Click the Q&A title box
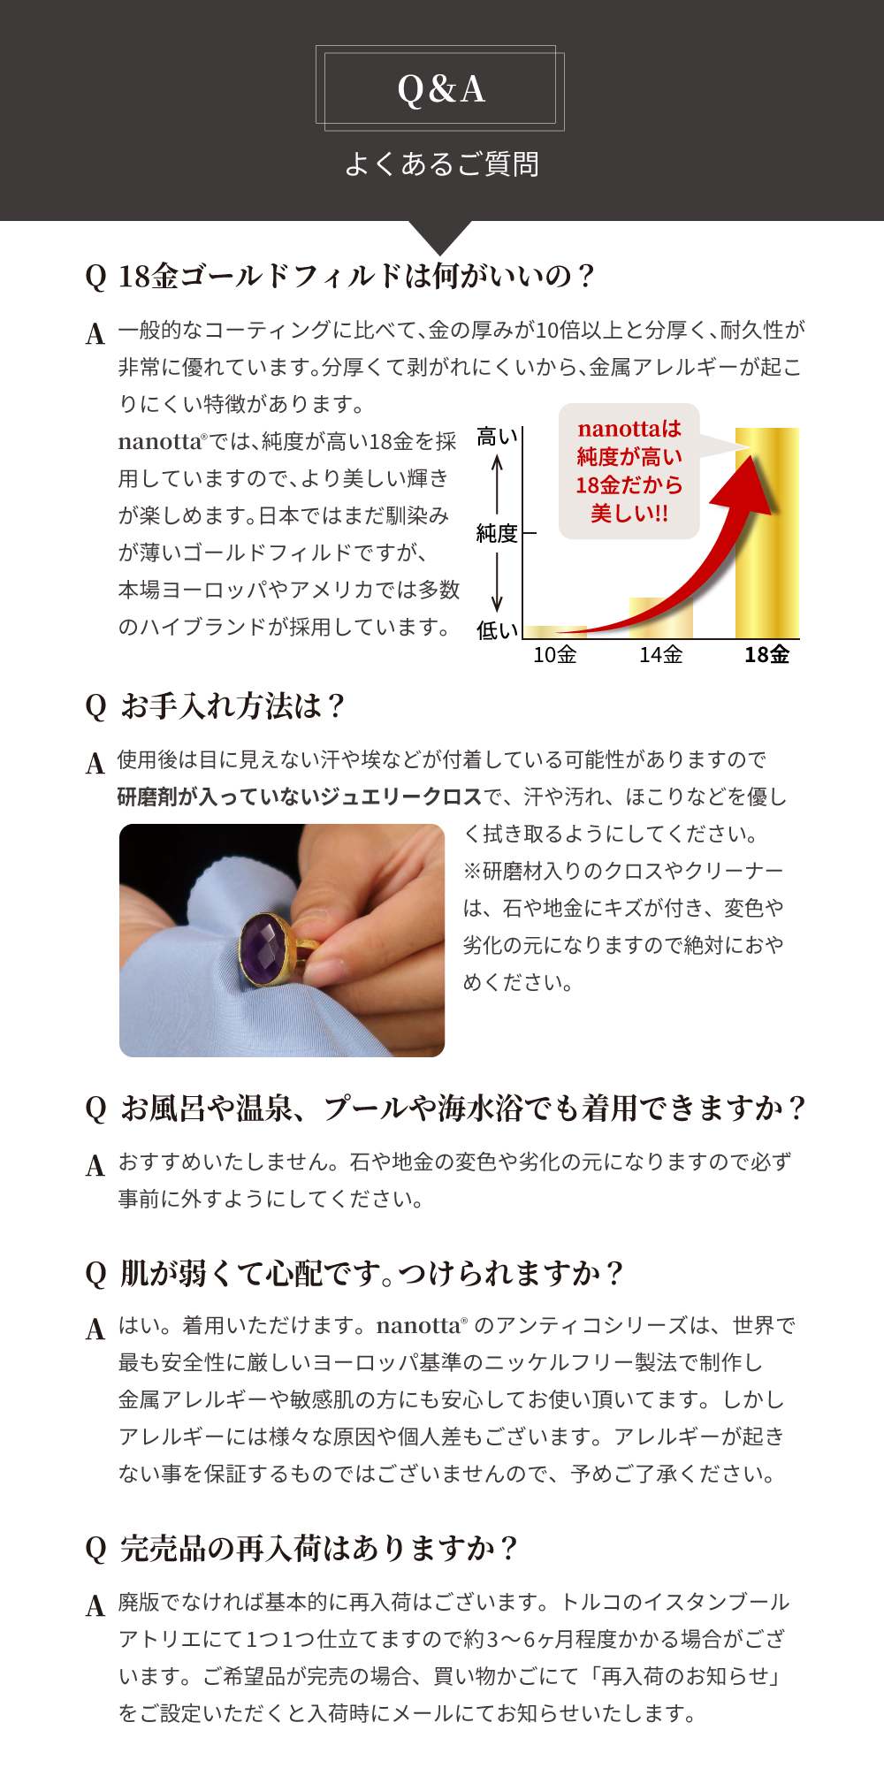(x=440, y=88)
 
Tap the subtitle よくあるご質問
(x=441, y=164)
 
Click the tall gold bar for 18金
(x=767, y=533)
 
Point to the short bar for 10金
(x=555, y=632)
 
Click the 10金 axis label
(x=555, y=655)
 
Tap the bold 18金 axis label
(x=766, y=655)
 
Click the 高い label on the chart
(x=497, y=437)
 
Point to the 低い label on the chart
(x=497, y=630)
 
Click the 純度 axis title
(x=497, y=534)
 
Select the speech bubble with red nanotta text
(x=629, y=471)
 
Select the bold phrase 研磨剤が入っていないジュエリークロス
(x=300, y=796)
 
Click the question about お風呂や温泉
(x=464, y=1108)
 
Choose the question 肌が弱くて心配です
(x=373, y=1274)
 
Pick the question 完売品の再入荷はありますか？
(x=320, y=1548)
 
